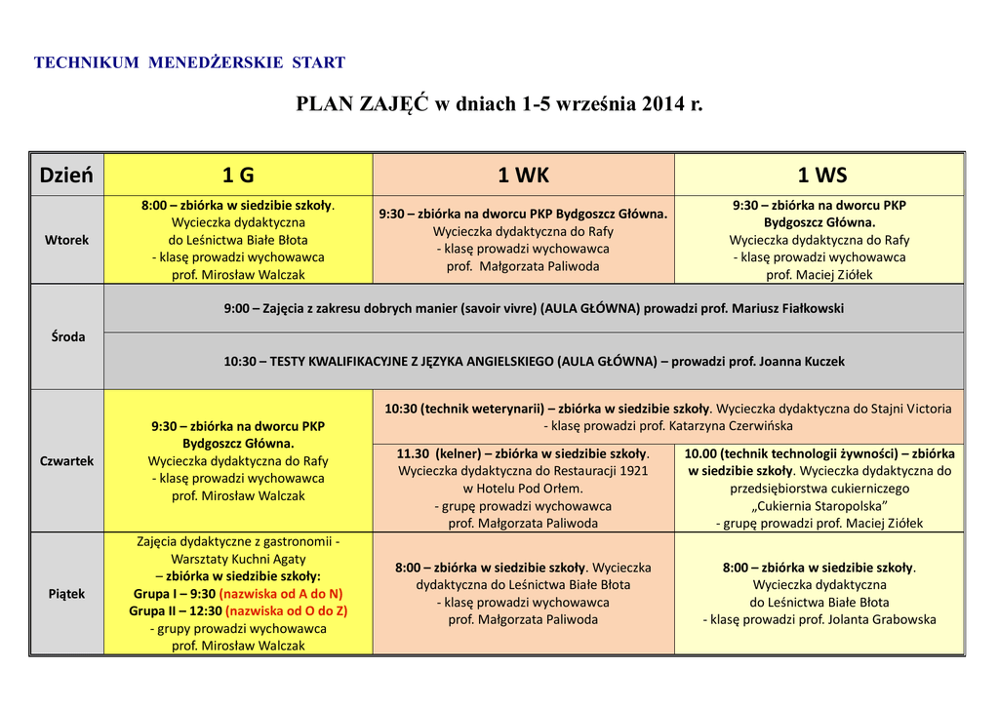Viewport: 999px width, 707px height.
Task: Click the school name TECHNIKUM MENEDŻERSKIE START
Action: tap(189, 63)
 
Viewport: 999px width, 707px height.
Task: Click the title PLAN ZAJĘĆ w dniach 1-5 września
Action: tap(499, 103)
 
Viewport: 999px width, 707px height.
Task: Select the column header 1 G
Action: tap(238, 176)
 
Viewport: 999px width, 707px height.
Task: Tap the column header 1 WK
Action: tap(523, 176)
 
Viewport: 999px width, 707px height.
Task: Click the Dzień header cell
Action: tap(66, 176)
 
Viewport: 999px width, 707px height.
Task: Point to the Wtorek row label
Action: tap(66, 240)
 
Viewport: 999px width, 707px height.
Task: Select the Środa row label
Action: tap(66, 336)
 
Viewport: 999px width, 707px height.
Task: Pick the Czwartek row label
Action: tap(66, 461)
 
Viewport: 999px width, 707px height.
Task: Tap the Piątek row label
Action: tap(66, 594)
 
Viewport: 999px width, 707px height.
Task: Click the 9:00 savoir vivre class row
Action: tap(534, 308)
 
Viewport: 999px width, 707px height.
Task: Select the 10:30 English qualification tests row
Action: tap(534, 361)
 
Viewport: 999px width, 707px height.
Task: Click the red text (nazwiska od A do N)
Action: tap(281, 593)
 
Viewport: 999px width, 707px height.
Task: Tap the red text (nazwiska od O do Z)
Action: tap(286, 611)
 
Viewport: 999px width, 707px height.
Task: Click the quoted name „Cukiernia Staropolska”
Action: tap(819, 505)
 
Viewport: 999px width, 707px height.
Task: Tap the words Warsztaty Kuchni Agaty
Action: tap(238, 559)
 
